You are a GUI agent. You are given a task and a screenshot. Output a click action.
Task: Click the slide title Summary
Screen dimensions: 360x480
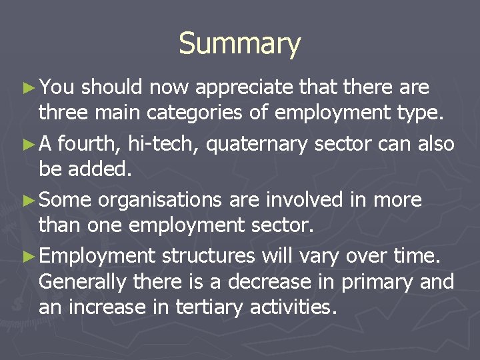pos(240,44)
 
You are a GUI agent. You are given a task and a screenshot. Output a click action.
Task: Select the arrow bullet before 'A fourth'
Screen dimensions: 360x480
pos(30,144)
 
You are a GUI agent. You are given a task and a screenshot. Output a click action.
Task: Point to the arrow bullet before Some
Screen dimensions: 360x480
pos(30,200)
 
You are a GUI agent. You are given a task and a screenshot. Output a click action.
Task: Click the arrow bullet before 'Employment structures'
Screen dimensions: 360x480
pos(30,256)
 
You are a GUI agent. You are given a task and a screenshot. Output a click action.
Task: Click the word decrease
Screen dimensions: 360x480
pos(269,282)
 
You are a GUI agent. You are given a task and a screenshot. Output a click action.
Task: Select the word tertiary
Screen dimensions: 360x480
pos(231,309)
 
